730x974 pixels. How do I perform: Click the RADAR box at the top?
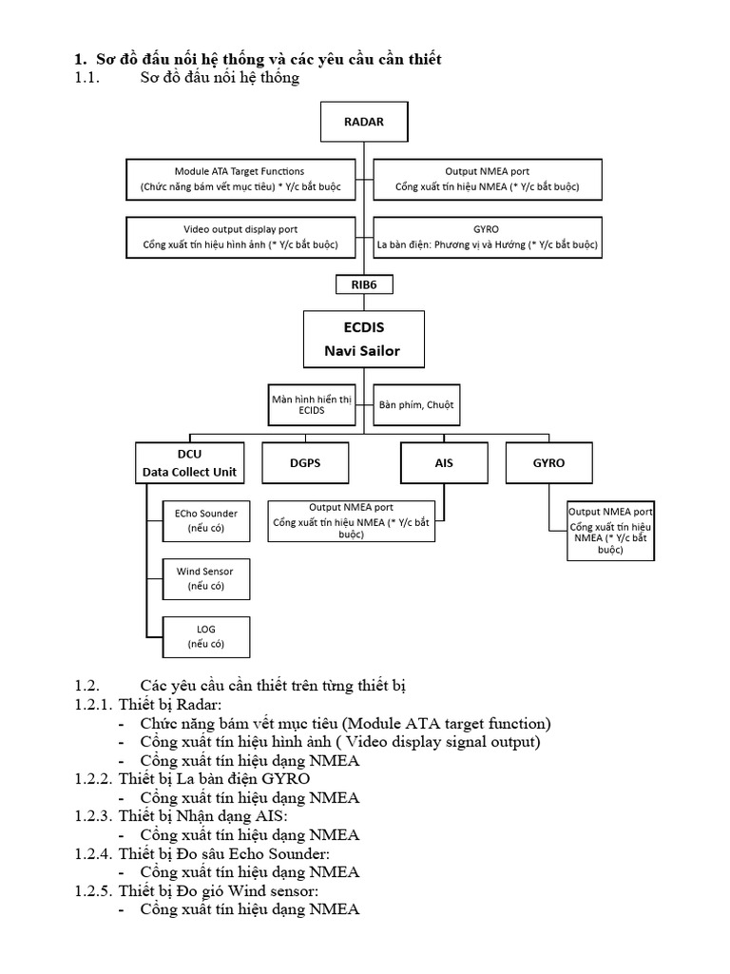coord(364,122)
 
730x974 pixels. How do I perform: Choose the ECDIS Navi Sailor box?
coord(364,340)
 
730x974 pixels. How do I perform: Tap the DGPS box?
coord(305,462)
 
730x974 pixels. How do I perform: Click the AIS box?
coord(444,462)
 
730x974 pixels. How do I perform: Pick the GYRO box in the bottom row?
coord(548,462)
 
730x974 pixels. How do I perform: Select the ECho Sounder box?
coord(206,520)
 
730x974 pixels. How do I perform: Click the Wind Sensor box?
coord(206,578)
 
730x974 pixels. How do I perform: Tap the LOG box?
coord(206,636)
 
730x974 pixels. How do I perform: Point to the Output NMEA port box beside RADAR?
coord(487,179)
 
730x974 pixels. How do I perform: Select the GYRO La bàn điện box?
coord(487,237)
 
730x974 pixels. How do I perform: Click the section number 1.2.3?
coord(93,816)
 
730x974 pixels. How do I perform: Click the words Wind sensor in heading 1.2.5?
coord(270,890)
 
